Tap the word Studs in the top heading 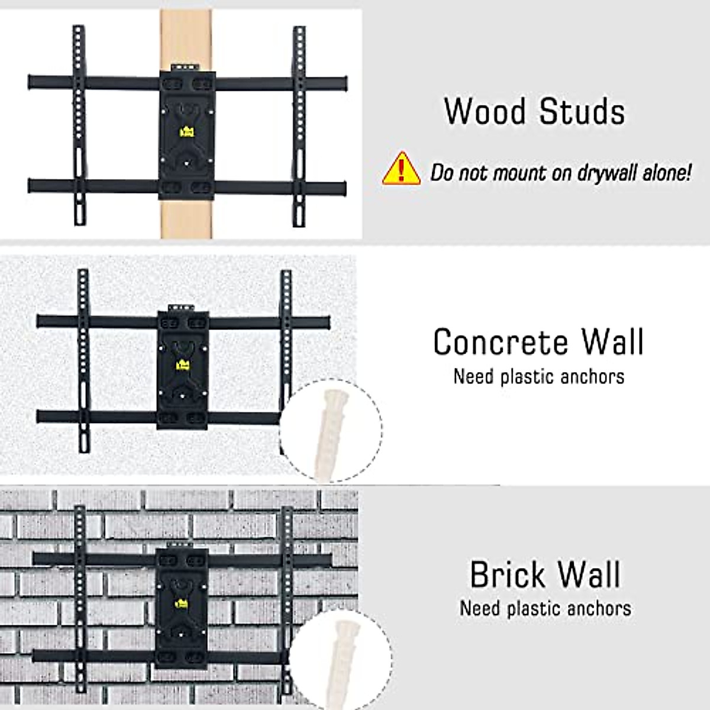(x=582, y=111)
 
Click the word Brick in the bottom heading (x=507, y=575)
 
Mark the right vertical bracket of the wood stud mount (x=299, y=125)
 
